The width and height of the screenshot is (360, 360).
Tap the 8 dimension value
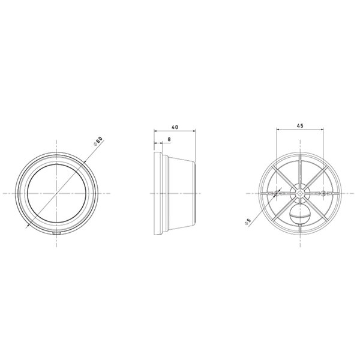pyautogui.click(x=169, y=139)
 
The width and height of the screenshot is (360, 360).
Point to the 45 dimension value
pyautogui.click(x=299, y=125)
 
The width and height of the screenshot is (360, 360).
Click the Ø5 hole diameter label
pyautogui.click(x=248, y=221)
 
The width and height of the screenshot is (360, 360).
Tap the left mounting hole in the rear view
pyautogui.click(x=275, y=194)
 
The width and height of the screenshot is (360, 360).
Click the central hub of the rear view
pyautogui.click(x=299, y=194)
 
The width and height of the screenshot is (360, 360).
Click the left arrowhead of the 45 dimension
pyautogui.click(x=277, y=130)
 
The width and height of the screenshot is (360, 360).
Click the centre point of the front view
pyautogui.click(x=57, y=194)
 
